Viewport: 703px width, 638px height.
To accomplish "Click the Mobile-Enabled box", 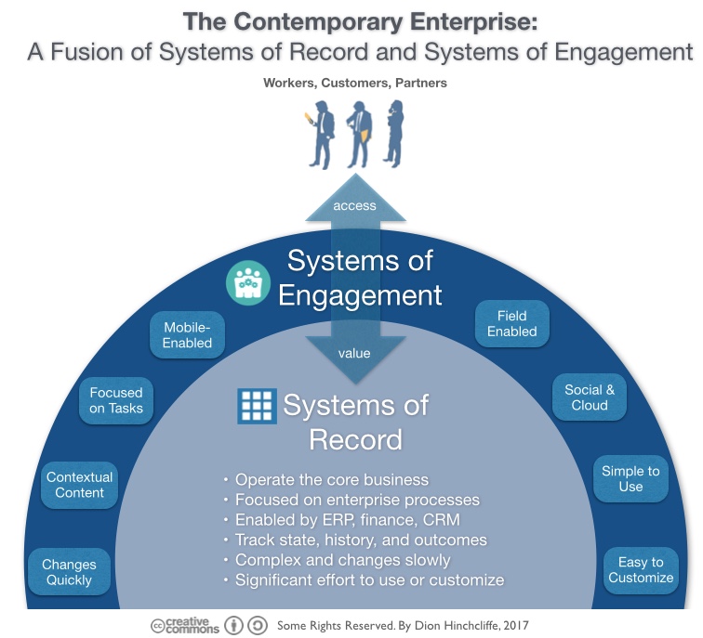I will pos(188,335).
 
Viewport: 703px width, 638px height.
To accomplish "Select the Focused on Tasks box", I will pos(116,400).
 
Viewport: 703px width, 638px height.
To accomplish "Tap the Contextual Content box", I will pos(79,485).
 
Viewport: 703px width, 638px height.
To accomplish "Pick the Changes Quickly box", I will pos(69,572).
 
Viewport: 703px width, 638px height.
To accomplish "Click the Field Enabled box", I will pos(511,323).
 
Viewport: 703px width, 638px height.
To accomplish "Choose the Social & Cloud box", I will pos(590,397).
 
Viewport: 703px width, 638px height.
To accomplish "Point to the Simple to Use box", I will pos(630,478).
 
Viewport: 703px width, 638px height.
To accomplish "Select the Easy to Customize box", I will pos(641,569).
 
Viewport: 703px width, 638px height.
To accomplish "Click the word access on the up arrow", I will pos(354,205).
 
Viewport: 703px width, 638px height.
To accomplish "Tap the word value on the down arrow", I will pos(354,353).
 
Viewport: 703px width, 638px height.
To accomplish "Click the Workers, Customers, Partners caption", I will pos(354,83).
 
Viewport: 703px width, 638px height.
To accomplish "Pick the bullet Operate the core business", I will pos(331,480).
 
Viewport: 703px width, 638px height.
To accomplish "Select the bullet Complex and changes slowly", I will pos(342,560).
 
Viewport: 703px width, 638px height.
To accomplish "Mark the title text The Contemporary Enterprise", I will pos(359,20).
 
